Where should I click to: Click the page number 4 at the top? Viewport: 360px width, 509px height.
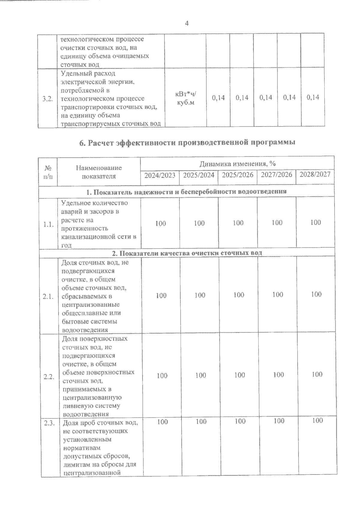(x=187, y=23)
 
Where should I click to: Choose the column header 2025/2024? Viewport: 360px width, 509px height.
(x=199, y=175)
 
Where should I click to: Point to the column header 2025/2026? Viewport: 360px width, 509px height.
(x=238, y=175)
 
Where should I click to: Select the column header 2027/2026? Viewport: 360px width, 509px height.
(x=276, y=174)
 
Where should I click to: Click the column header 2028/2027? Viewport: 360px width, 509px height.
(x=315, y=174)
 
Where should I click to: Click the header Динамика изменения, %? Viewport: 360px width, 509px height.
(x=238, y=164)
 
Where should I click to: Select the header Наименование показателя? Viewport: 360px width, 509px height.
(x=99, y=172)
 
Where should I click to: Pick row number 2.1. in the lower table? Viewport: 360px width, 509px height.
(x=48, y=296)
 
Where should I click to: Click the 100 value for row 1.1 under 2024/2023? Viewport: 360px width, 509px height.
(x=160, y=223)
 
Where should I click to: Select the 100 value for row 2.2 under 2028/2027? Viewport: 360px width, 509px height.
(x=317, y=374)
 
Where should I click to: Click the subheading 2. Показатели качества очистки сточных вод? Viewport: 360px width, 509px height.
(x=187, y=253)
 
